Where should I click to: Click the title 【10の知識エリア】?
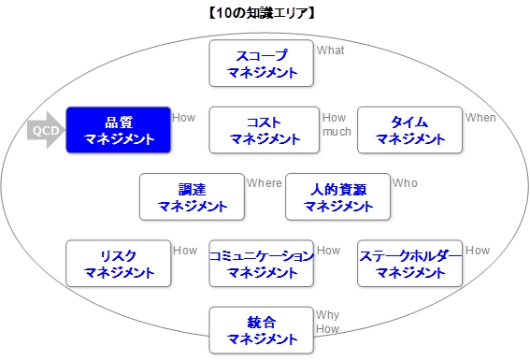point(264,13)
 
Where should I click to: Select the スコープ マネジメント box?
point(262,63)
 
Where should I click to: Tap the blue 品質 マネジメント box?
point(118,130)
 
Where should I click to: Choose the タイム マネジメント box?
point(410,130)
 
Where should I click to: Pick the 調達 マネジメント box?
point(192,196)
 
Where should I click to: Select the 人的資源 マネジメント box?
point(337,196)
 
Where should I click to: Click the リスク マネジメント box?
point(118,264)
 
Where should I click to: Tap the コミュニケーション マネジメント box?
point(261,264)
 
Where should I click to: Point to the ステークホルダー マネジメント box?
point(410,264)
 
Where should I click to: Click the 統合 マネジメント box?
point(262,330)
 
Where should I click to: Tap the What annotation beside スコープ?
point(331,50)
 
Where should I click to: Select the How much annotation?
point(337,124)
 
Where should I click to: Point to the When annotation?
point(480,118)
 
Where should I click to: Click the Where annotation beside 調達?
point(264,183)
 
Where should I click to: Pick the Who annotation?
point(405,183)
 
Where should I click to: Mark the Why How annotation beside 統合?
point(327,322)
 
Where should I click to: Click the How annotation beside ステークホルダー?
point(477,251)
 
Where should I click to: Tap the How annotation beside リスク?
point(184,251)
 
